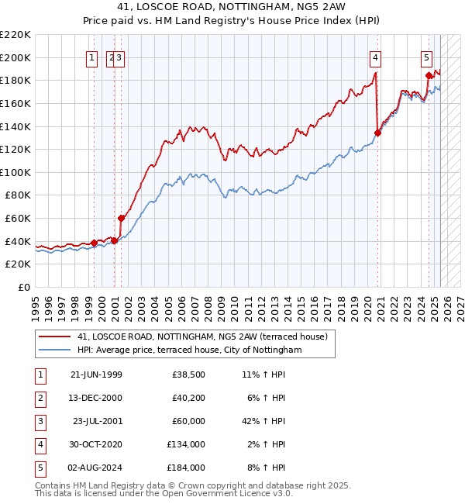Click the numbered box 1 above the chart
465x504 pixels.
tap(91, 57)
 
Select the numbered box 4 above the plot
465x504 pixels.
tap(375, 57)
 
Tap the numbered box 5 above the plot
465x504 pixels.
tap(427, 57)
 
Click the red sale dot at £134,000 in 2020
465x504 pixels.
tap(378, 133)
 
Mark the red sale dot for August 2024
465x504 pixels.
tap(429, 75)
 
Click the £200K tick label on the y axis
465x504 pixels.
tap(15, 57)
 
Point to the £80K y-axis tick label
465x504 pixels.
tap(19, 195)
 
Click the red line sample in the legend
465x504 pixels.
tap(55, 337)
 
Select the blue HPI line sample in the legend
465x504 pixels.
tap(55, 350)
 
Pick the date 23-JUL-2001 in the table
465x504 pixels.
tap(97, 421)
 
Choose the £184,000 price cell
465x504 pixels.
tap(185, 468)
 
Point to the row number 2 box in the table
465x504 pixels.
tap(40, 398)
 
